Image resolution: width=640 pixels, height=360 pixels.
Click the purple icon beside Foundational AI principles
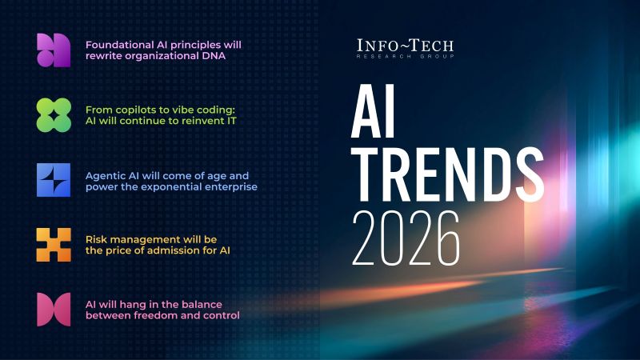[x=54, y=50]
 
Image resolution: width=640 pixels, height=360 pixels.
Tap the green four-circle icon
[x=54, y=115]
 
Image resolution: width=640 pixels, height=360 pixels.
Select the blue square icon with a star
[x=54, y=180]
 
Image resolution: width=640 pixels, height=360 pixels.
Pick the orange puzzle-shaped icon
[x=54, y=245]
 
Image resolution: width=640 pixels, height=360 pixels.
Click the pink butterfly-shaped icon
[x=54, y=310]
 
